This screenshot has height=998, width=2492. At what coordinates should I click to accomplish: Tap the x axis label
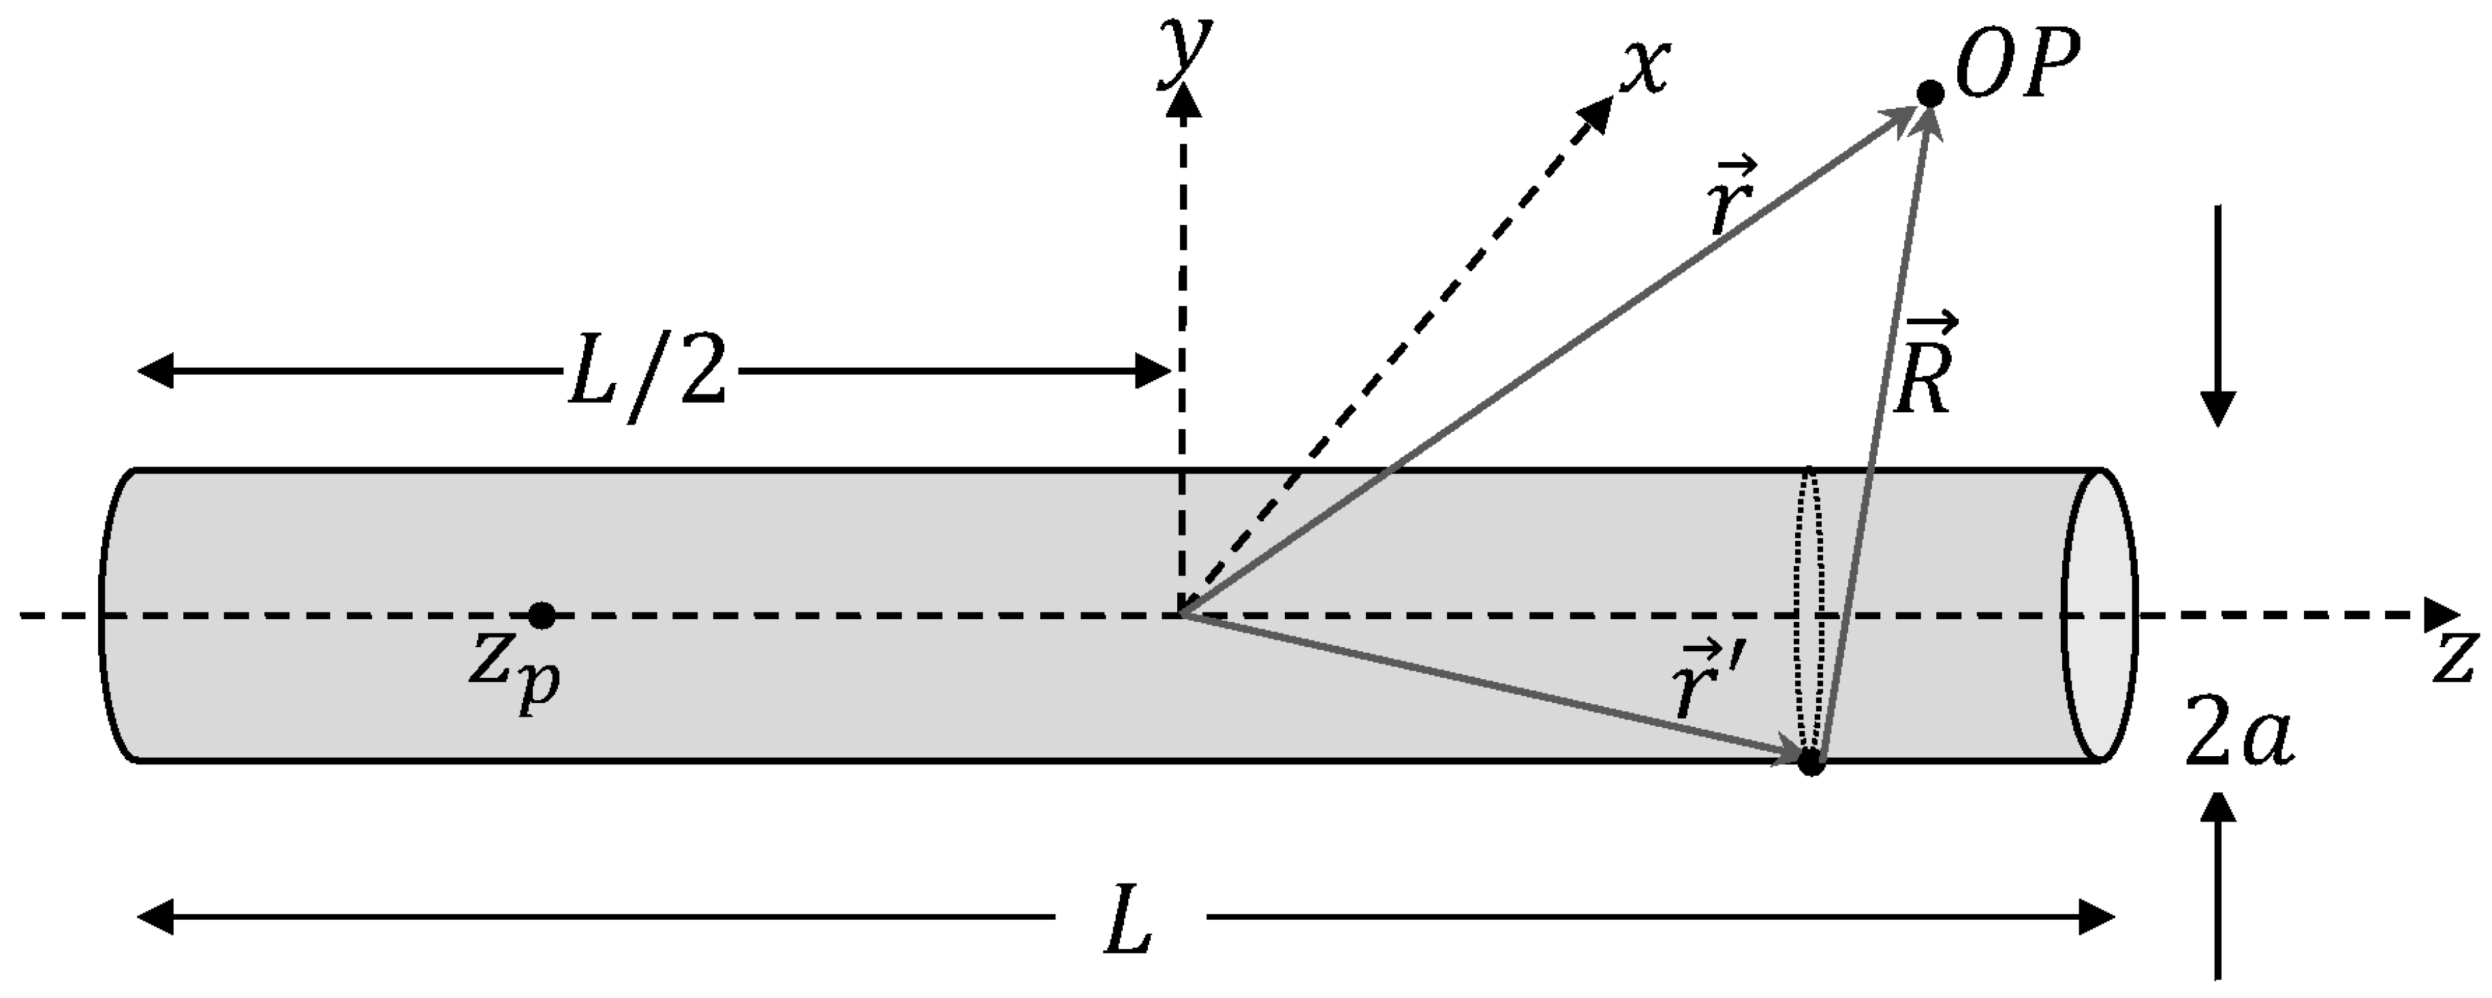(x=1645, y=69)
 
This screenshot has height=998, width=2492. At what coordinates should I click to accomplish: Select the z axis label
(x=2455, y=661)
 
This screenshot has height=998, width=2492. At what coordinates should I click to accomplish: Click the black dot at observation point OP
(x=1930, y=94)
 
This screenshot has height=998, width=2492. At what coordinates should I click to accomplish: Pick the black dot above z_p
(x=542, y=615)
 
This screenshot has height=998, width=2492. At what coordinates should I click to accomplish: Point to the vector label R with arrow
(x=1923, y=377)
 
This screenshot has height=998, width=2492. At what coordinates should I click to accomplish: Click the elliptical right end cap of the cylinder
(x=2098, y=615)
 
